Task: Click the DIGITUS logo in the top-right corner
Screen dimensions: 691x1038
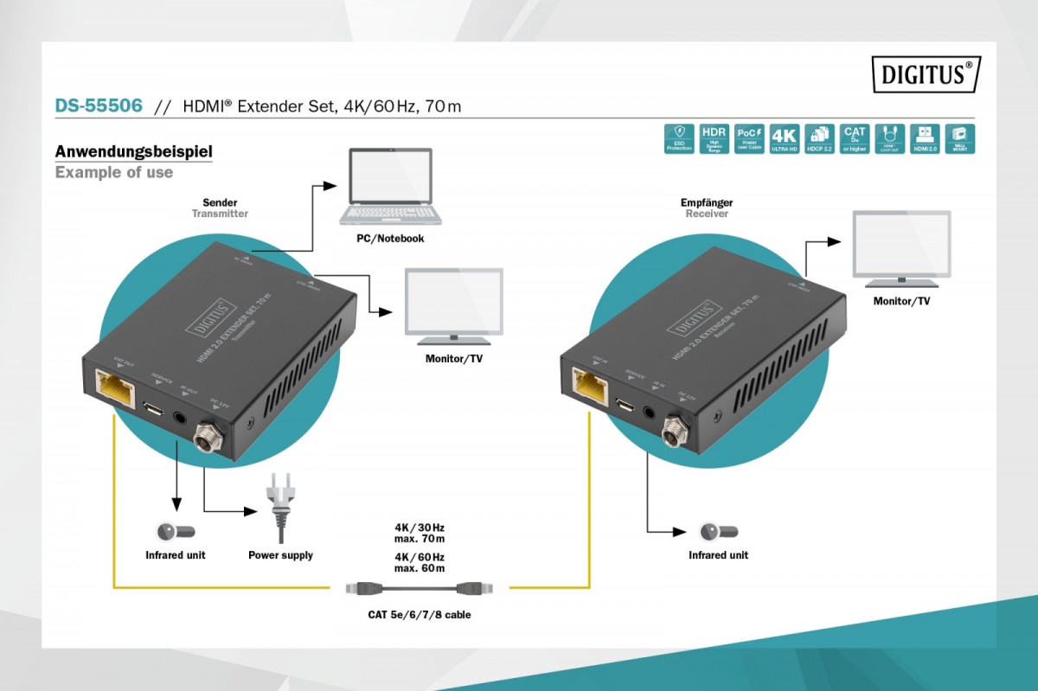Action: [x=926, y=74]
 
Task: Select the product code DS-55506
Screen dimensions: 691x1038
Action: [x=99, y=106]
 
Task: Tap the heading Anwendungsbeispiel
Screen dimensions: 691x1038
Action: [x=134, y=152]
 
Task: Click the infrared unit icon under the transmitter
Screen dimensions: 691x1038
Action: [x=176, y=531]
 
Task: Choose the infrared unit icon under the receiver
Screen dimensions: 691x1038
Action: [x=718, y=531]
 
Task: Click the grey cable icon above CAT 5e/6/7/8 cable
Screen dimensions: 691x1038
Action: [x=420, y=588]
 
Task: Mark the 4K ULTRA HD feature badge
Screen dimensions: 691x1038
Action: [x=784, y=138]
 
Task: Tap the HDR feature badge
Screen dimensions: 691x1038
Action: [x=714, y=138]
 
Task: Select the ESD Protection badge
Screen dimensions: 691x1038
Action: [x=679, y=138]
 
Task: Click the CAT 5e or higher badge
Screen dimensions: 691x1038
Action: [x=855, y=138]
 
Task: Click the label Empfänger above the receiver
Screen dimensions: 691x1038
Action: [x=707, y=202]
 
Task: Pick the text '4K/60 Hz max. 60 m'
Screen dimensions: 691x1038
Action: [x=420, y=562]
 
